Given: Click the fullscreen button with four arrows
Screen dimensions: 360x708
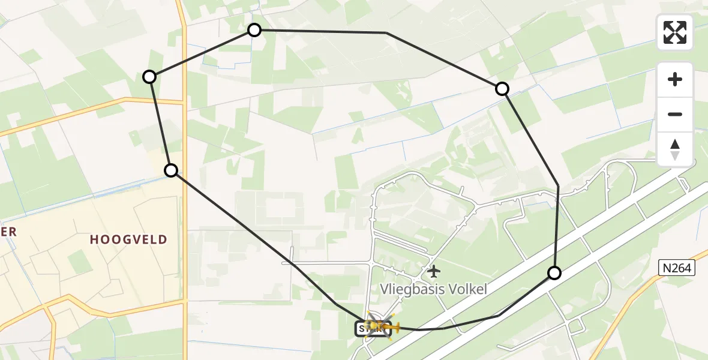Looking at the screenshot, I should [675, 32].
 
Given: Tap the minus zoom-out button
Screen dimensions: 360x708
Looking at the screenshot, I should [675, 114].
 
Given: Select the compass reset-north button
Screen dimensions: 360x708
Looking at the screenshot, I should [675, 149].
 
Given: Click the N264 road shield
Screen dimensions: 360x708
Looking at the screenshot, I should [677, 268].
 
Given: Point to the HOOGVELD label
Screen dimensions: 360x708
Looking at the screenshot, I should [128, 240].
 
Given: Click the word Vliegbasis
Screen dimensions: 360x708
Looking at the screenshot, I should [407, 289].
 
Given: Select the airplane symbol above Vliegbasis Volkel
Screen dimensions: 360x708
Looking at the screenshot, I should [433, 271].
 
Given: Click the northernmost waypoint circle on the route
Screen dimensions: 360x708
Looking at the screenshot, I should [254, 29].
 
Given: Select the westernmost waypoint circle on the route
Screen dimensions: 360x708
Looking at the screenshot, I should [149, 76].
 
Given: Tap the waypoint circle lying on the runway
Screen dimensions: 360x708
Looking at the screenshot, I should [554, 273].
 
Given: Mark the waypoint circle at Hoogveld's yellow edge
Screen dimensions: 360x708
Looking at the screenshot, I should [171, 170].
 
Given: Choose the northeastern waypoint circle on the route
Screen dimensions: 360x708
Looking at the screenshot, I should [502, 89].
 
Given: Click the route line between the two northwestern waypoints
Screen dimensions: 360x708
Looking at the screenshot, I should [202, 53].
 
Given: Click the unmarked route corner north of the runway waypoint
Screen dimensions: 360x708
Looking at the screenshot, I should [559, 185].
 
